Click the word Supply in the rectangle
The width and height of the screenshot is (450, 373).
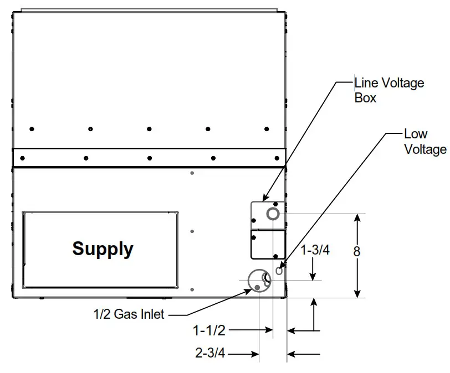(x=103, y=248)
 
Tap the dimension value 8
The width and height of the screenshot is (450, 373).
(x=357, y=251)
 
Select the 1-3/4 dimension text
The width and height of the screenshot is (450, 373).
(x=315, y=250)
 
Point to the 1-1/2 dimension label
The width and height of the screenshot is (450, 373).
(x=209, y=331)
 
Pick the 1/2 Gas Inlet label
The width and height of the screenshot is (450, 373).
(x=129, y=314)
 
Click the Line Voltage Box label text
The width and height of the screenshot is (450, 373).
(x=389, y=90)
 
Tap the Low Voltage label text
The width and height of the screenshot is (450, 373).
(x=425, y=142)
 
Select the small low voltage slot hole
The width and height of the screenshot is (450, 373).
(x=279, y=270)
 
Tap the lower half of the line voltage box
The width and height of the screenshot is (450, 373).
(x=268, y=245)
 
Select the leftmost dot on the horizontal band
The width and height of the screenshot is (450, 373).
(x=22, y=158)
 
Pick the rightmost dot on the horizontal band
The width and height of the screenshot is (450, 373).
(x=277, y=158)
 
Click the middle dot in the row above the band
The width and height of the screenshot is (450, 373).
(x=149, y=129)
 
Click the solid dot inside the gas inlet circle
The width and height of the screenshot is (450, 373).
(x=258, y=287)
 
